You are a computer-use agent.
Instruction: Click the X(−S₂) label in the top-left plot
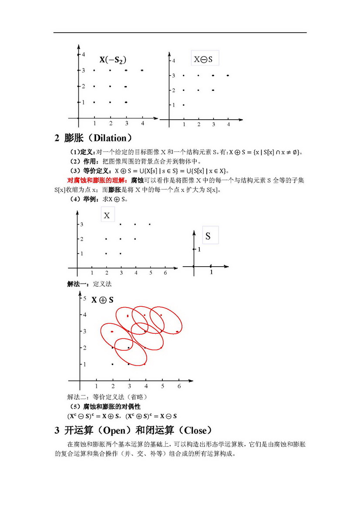pos(115,60)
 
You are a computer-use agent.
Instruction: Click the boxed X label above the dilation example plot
pos(107,215)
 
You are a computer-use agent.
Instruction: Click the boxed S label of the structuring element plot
pos(208,236)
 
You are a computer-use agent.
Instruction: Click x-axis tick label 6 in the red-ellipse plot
pos(178,386)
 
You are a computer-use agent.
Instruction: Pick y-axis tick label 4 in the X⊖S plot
pos(174,61)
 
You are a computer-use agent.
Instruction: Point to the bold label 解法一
pos(77,284)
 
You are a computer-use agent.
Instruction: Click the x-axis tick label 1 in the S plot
pos(212,272)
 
